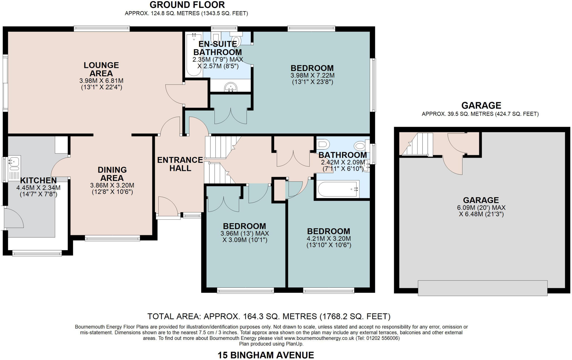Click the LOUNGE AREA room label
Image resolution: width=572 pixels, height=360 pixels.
(101, 69)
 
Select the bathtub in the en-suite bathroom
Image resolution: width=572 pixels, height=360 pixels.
(194, 55)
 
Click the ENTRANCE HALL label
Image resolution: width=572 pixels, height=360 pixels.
(180, 164)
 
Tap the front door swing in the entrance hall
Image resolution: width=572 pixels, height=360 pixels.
(167, 206)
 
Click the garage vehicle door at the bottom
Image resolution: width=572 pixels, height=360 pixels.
(482, 288)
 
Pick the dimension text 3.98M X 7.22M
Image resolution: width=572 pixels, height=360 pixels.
(312, 75)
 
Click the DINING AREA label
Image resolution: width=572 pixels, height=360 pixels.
(112, 174)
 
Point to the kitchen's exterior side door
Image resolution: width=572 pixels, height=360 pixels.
(13, 218)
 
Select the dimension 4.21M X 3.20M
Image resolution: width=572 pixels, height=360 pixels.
(328, 239)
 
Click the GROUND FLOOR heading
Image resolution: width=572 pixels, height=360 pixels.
(187, 5)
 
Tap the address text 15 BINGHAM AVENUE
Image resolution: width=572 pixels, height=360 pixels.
(266, 355)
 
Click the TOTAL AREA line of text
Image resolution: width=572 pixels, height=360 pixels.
(269, 316)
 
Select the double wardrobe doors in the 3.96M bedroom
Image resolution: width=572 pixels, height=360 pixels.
(223, 204)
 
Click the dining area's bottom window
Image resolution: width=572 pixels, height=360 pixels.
(112, 238)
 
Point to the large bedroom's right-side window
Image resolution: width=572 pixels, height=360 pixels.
(373, 85)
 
